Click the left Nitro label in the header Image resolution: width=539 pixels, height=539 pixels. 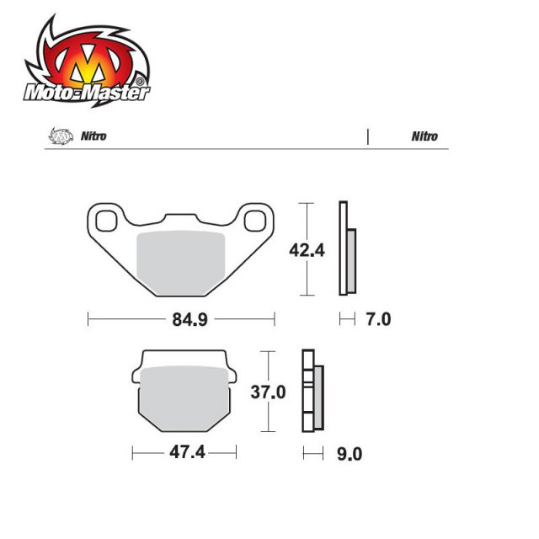pos(93,136)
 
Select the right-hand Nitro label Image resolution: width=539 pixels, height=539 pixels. pos(424,136)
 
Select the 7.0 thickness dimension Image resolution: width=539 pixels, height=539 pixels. pos(379,320)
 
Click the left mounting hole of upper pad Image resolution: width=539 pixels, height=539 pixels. pos(107,221)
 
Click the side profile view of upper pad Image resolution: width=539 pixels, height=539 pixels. pos(346,248)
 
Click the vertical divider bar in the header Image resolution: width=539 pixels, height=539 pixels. pos(368,136)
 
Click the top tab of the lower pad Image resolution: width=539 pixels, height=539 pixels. pos(183,357)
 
